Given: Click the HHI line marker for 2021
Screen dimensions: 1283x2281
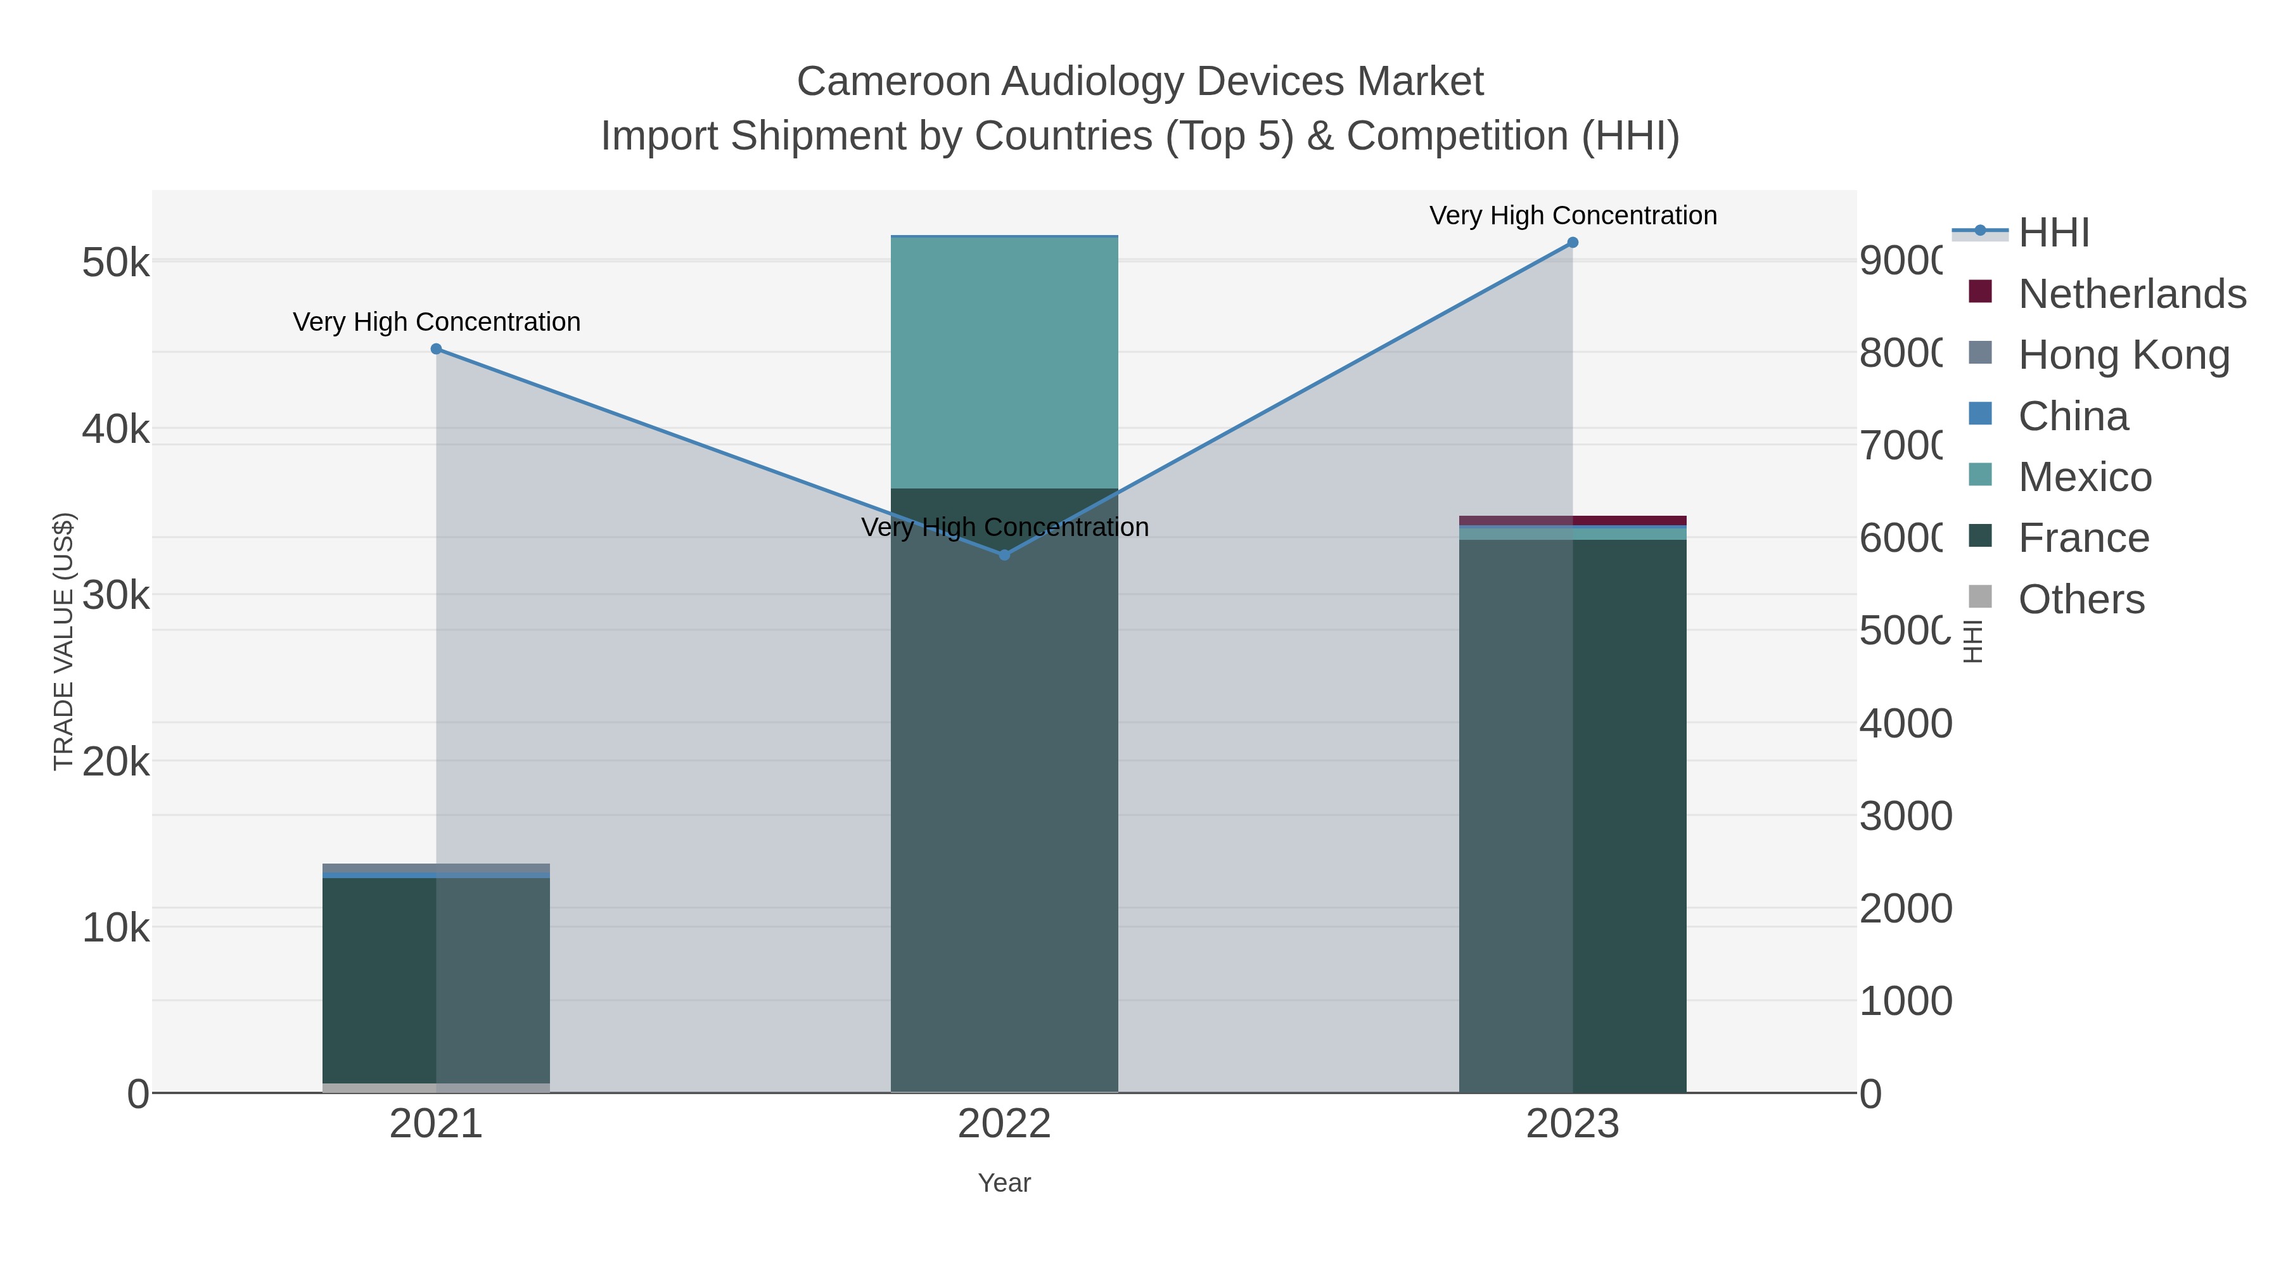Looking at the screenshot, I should point(436,349).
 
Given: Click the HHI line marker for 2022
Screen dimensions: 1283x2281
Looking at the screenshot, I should point(1004,555).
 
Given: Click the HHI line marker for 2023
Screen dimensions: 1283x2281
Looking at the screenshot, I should point(1573,243).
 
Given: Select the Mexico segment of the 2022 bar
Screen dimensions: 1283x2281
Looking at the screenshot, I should point(1004,363).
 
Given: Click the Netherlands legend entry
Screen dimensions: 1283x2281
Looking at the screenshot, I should point(2131,294).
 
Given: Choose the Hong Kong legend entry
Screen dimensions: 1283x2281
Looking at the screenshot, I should point(2123,355).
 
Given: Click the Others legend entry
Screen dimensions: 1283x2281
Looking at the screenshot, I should point(2080,599).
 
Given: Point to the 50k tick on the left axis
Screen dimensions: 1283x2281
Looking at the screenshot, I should point(115,263).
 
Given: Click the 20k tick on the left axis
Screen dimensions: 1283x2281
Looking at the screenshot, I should point(115,762).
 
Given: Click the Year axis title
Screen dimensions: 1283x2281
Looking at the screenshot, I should point(1004,1183).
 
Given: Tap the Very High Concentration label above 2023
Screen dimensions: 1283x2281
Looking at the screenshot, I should point(1573,215).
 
